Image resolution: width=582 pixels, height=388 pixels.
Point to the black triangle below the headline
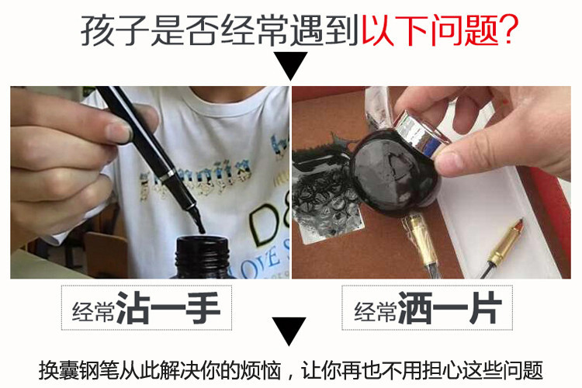[292, 68]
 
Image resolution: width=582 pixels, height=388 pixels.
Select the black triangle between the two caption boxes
[291, 330]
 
